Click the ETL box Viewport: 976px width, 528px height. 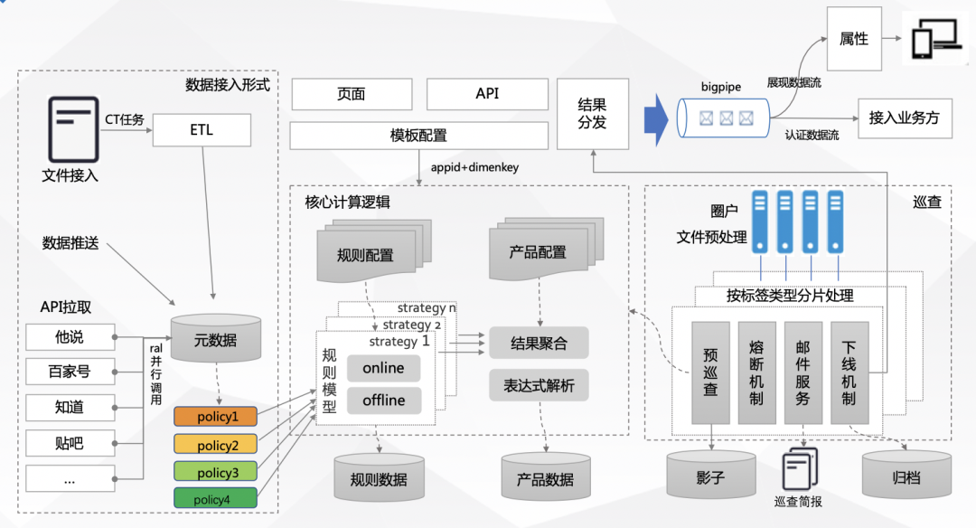(202, 130)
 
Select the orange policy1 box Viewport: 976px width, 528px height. (215, 417)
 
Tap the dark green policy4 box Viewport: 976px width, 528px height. (215, 498)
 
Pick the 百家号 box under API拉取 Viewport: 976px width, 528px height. (70, 371)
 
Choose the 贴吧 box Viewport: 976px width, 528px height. (70, 443)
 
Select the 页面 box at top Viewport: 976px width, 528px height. (351, 94)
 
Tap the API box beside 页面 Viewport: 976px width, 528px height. (487, 94)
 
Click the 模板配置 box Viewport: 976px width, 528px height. (418, 136)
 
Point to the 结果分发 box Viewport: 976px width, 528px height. (593, 114)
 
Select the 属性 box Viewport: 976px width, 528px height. (853, 39)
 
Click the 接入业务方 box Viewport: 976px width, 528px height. (904, 118)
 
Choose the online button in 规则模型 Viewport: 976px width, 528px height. (383, 368)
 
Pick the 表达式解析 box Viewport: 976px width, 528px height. (539, 386)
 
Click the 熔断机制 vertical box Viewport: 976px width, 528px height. (756, 372)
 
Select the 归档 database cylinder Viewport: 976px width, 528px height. (906, 475)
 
